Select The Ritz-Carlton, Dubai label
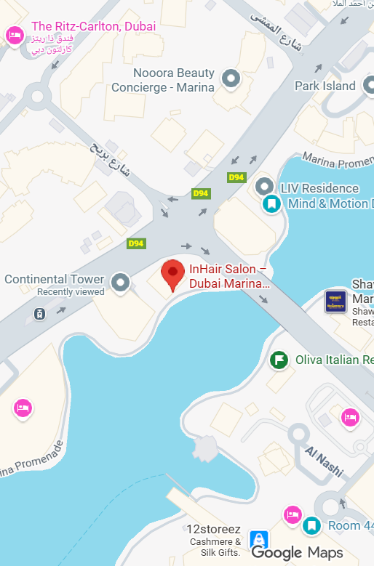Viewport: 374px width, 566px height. (x=93, y=27)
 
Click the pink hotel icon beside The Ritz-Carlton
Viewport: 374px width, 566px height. (x=14, y=34)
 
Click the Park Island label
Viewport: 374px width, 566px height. (x=325, y=86)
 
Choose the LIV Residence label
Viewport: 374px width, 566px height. (x=319, y=188)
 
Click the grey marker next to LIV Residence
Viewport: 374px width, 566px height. (x=265, y=187)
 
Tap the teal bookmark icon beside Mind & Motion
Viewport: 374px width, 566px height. (x=271, y=203)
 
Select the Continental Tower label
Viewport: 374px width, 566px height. (x=55, y=279)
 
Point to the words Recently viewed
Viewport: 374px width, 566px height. (x=71, y=292)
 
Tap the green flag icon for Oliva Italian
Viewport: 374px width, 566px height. (x=279, y=360)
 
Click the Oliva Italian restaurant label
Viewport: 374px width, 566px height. (x=334, y=360)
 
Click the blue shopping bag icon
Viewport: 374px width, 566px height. (x=258, y=541)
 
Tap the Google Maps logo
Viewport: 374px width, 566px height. (x=297, y=553)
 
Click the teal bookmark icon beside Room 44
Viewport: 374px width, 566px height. (x=312, y=525)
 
